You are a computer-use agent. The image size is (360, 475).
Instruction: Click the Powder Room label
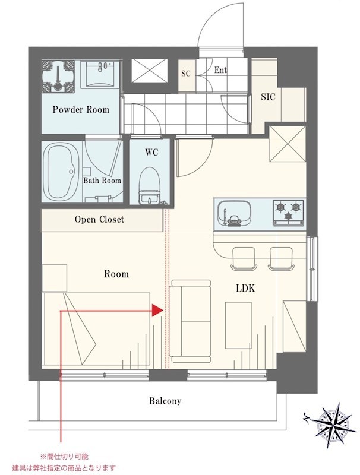81,109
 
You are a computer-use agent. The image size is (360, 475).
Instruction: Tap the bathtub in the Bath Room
62,172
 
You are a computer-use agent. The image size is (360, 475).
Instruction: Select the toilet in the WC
149,185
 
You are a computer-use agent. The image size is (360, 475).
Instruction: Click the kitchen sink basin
233,213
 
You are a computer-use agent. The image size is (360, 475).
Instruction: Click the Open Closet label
99,219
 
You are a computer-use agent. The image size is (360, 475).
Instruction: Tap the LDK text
245,288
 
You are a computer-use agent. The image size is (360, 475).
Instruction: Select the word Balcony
165,401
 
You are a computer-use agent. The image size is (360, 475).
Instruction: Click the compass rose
333,422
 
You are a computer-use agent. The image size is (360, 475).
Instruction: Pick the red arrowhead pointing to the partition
157,311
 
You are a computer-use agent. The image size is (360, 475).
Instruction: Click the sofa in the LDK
190,321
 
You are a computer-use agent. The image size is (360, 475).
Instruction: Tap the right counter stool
281,258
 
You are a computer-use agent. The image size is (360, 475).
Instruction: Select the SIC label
268,97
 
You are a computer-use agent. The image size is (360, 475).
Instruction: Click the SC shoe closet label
186,74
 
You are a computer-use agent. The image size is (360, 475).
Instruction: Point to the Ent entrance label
220,70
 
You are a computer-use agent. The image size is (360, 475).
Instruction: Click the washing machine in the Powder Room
58,75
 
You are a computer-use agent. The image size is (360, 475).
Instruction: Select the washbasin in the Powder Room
100,74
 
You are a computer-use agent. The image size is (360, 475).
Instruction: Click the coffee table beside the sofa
238,325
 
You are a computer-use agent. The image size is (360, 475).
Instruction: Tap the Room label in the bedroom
116,274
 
